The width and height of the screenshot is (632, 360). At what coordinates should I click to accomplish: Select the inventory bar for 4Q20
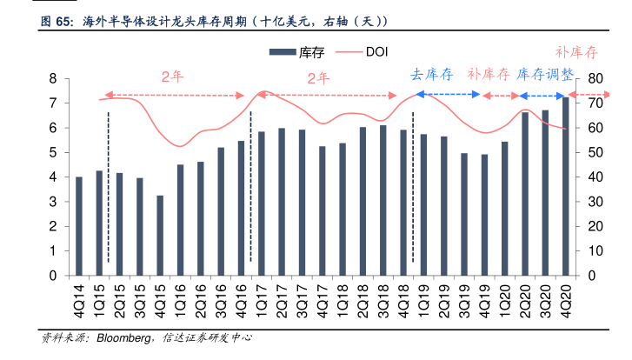coord(566,187)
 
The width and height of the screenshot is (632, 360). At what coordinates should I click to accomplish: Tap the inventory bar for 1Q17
coord(262,203)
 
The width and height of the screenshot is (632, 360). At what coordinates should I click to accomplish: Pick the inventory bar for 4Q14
coord(79,226)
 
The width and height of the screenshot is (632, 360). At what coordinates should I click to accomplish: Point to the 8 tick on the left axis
coord(53,79)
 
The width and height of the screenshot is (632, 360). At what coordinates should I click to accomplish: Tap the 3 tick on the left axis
coord(53,203)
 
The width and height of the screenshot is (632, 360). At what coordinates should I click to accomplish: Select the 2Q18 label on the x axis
coord(363,297)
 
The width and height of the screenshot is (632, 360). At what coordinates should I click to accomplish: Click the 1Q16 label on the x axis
coord(180,297)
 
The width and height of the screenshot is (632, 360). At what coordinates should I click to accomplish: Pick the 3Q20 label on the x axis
coord(545,297)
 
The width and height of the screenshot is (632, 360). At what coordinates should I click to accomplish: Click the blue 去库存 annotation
coord(432,75)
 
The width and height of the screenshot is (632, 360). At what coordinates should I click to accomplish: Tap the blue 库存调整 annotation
coord(545,75)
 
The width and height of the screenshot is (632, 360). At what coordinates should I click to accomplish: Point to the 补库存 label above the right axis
coord(577,51)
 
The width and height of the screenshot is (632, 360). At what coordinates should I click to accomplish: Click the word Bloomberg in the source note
coord(121,337)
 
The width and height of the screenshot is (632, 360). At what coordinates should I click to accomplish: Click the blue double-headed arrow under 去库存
coord(448,94)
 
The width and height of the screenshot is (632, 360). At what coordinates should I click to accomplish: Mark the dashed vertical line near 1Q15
coord(108,187)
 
